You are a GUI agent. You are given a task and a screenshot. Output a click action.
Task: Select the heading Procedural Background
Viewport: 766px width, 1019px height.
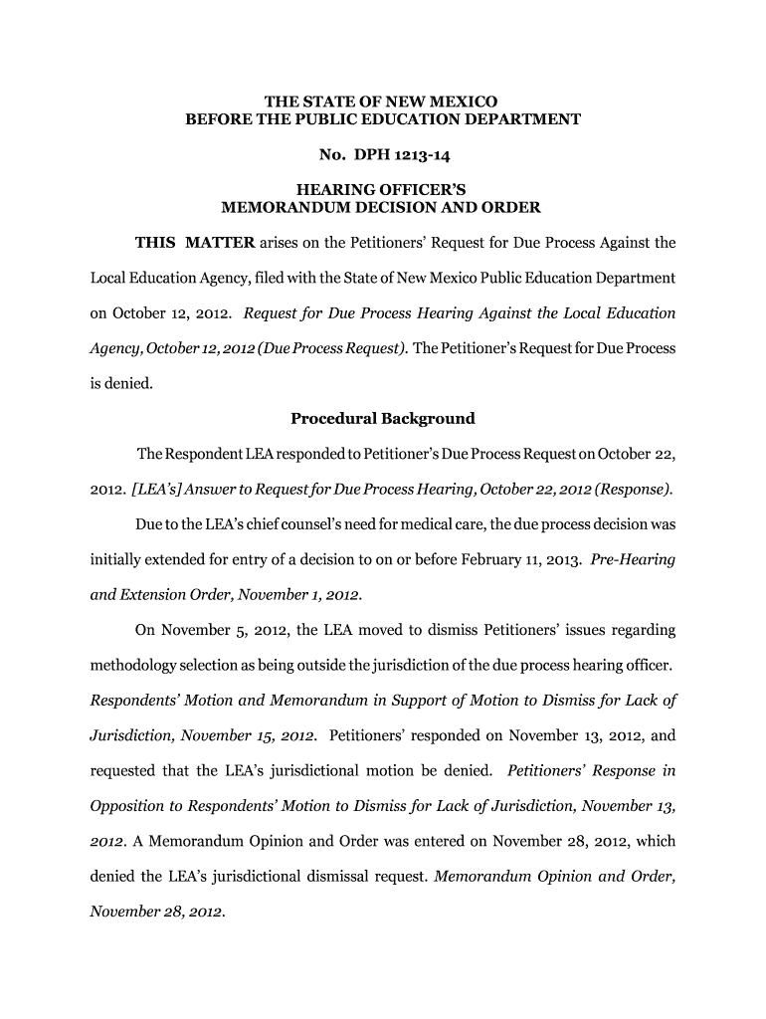pyautogui.click(x=382, y=418)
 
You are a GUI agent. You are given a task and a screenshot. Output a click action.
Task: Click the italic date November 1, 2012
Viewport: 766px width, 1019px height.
pyautogui.click(x=303, y=595)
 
